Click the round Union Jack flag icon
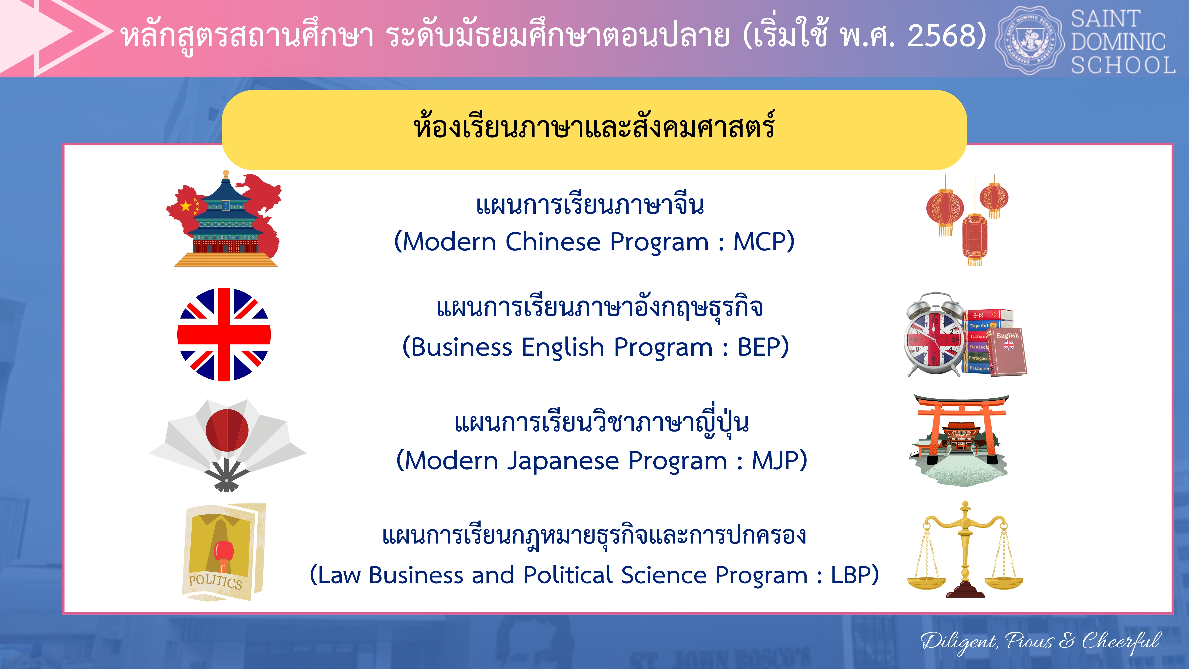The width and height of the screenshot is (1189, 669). pyautogui.click(x=224, y=334)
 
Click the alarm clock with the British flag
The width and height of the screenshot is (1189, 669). pyautogui.click(x=934, y=334)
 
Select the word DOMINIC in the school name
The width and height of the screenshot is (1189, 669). pyautogui.click(x=1118, y=42)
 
